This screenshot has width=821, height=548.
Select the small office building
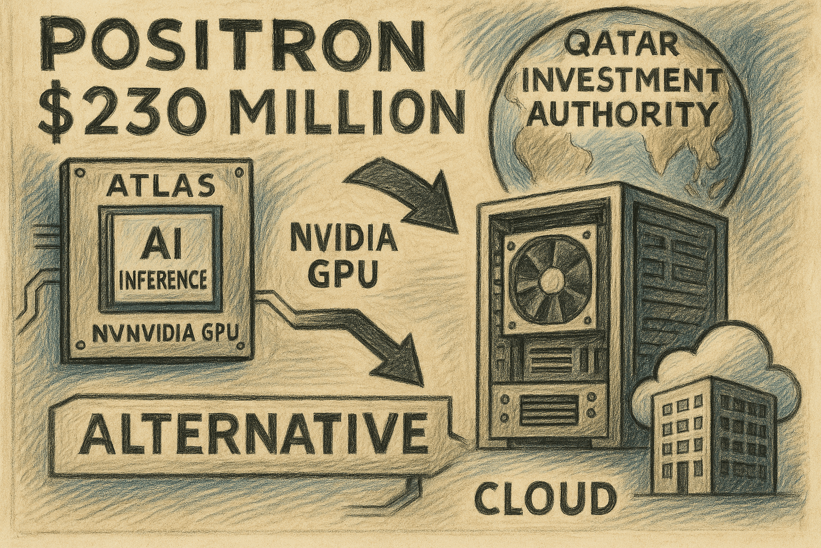pos(706,428)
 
